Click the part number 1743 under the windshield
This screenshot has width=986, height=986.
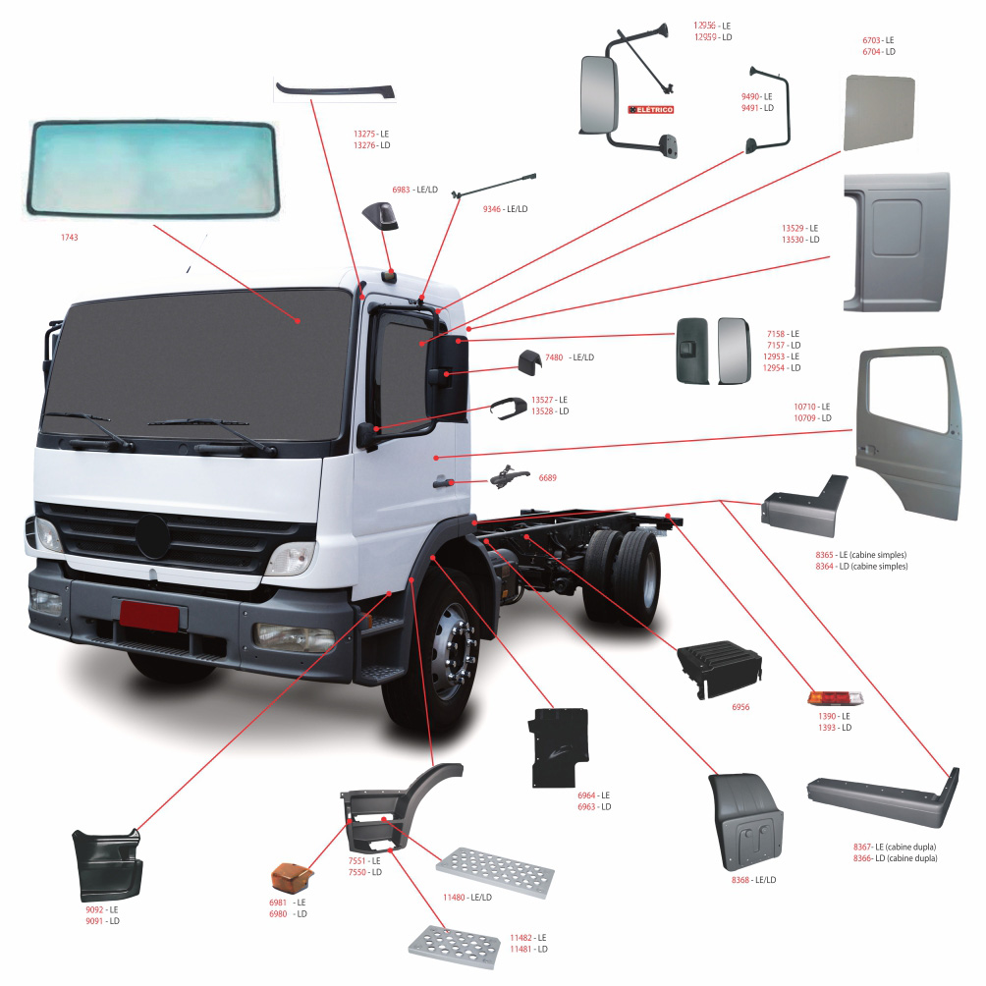click(x=69, y=238)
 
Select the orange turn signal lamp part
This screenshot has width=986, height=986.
click(x=291, y=875)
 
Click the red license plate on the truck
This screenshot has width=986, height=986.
click(x=149, y=618)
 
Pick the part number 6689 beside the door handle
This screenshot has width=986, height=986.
click(x=547, y=478)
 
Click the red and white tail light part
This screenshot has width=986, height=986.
click(x=835, y=697)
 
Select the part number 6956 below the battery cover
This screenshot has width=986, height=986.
click(x=739, y=707)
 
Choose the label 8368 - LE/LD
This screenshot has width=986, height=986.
click(x=753, y=880)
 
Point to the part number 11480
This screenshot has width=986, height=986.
click(x=454, y=898)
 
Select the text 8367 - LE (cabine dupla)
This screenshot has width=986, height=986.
click(x=894, y=847)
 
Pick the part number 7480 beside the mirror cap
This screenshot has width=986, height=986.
click(x=554, y=357)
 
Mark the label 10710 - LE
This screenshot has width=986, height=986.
click(x=812, y=407)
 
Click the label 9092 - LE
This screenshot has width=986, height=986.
click(x=101, y=909)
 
